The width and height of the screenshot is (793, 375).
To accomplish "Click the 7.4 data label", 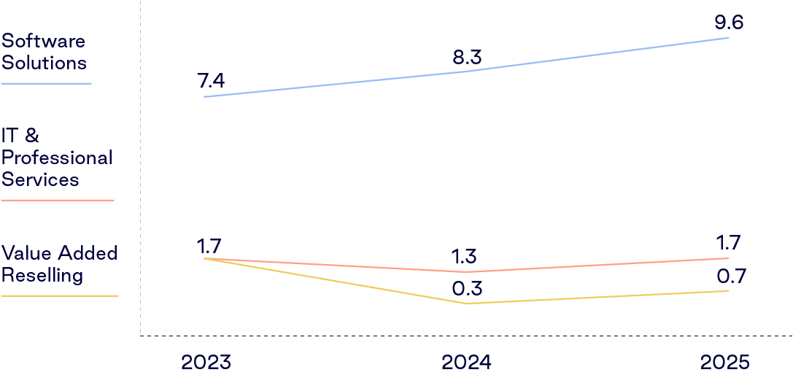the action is click(x=212, y=81).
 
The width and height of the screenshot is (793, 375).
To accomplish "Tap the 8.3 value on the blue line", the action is click(x=467, y=58).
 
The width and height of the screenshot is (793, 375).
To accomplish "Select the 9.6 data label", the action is click(x=728, y=23).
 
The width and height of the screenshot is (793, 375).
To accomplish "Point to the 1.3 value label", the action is click(x=465, y=257).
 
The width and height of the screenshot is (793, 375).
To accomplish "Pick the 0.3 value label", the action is click(x=467, y=288).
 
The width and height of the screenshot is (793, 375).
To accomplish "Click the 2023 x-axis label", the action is click(x=206, y=363).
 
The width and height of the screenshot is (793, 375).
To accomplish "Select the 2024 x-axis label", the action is click(x=466, y=363).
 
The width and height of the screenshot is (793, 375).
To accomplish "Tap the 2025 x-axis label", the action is click(x=725, y=363).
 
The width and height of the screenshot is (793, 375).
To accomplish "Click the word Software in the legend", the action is click(x=44, y=40).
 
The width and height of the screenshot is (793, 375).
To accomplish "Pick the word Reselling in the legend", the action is click(x=42, y=277).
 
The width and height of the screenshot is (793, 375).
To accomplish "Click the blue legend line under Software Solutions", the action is click(x=46, y=83).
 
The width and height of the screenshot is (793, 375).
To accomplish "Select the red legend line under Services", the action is click(x=58, y=201).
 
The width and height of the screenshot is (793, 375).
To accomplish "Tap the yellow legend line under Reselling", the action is click(x=60, y=296).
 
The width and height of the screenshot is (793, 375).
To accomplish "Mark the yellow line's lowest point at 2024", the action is click(x=465, y=304).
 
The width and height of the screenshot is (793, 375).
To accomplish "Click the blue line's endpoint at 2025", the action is click(x=729, y=37).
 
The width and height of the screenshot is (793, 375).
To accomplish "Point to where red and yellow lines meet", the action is click(x=204, y=258).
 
